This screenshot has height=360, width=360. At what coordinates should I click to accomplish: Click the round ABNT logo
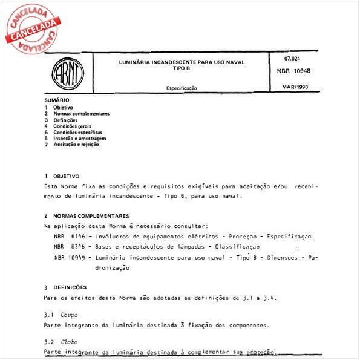[x=68, y=74]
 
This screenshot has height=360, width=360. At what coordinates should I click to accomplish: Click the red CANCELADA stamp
[x=30, y=27]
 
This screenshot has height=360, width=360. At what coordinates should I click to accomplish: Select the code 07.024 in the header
[x=292, y=59]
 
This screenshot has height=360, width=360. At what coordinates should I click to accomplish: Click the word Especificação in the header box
[x=182, y=88]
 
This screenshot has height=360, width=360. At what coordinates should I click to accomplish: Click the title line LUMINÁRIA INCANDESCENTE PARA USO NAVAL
[x=182, y=62]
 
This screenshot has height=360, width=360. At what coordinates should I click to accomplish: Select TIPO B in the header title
[x=182, y=68]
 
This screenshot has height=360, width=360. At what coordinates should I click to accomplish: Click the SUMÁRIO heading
[x=57, y=100]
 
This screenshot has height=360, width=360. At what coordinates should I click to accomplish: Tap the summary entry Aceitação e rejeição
[x=76, y=144]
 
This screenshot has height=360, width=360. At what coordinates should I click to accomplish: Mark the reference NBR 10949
[x=67, y=257]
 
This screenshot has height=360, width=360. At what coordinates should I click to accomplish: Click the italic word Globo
[x=69, y=342]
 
